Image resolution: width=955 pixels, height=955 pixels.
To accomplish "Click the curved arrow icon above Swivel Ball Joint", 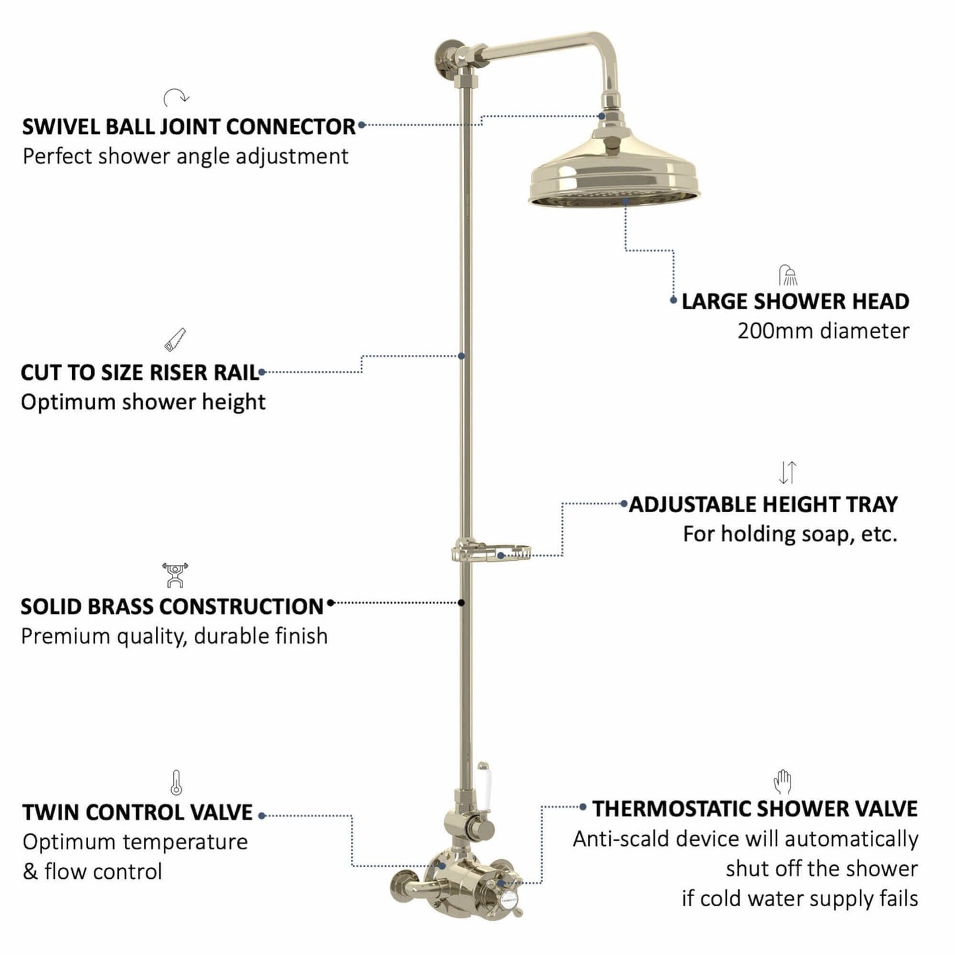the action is click(x=176, y=97).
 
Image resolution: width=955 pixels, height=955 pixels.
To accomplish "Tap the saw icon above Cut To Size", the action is click(x=175, y=340).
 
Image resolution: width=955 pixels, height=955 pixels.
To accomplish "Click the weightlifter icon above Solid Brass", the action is click(x=175, y=575).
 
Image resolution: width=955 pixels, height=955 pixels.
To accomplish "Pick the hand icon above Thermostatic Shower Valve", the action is click(x=783, y=782).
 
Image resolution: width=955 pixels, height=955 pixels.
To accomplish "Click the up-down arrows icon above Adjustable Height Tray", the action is click(x=788, y=473).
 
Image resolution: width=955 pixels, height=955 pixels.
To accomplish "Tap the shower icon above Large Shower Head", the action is click(x=788, y=275).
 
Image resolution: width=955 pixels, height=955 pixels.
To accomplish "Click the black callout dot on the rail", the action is click(x=461, y=603).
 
